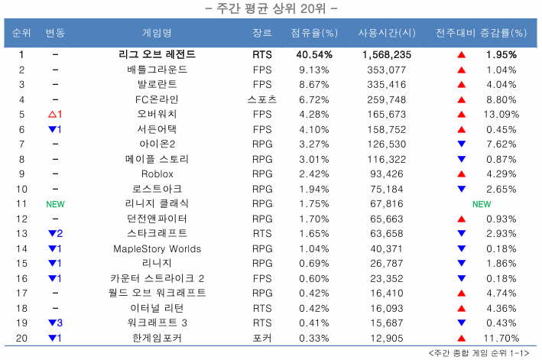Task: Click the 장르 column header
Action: point(261,34)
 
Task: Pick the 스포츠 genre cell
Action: point(262,99)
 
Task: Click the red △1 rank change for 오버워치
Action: point(54,114)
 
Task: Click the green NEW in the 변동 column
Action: point(55,204)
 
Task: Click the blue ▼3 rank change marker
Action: point(54,323)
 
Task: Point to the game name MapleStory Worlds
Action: point(157,248)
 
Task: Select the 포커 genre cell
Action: point(262,338)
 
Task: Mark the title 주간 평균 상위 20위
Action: point(272,9)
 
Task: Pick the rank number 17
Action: point(21,293)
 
